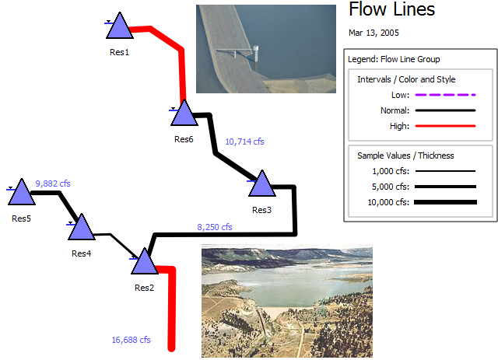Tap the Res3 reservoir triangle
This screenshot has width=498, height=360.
261,186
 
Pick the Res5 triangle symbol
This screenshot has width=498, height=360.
21,192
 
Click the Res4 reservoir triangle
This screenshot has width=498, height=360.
80,228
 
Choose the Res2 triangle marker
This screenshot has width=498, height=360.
144,262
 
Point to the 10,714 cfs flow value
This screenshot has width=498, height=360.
244,142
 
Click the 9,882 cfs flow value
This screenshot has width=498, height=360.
53,183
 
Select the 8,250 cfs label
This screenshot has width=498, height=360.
215,227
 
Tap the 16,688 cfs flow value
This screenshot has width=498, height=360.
131,340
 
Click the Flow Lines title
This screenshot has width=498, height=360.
391,10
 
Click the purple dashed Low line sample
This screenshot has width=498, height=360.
444,95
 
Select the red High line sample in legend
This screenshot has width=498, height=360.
444,126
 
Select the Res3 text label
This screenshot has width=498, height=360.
261,210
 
